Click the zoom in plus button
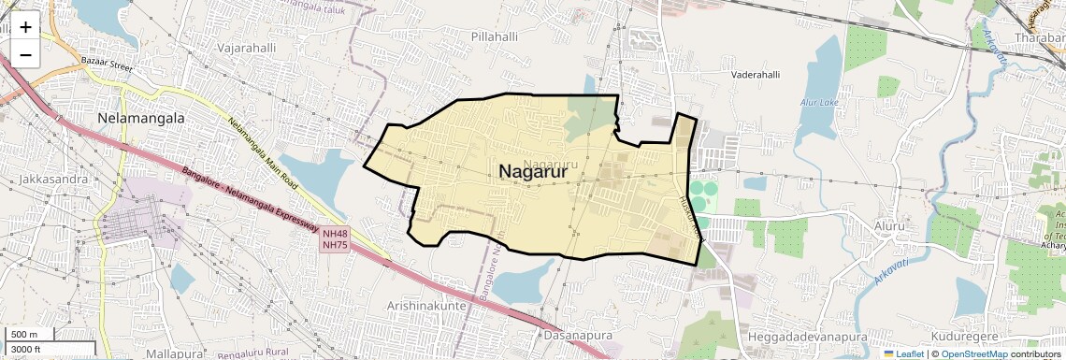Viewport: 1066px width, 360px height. (x=25, y=27)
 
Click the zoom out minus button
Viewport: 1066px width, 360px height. (x=25, y=54)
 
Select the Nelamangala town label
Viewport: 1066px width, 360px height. (x=141, y=119)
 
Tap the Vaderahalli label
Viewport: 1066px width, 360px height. (x=756, y=74)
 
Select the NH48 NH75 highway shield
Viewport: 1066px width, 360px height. (x=335, y=238)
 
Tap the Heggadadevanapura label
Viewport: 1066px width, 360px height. (x=808, y=336)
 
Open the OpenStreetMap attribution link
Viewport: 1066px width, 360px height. (x=973, y=353)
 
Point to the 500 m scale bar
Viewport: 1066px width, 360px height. (x=27, y=335)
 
